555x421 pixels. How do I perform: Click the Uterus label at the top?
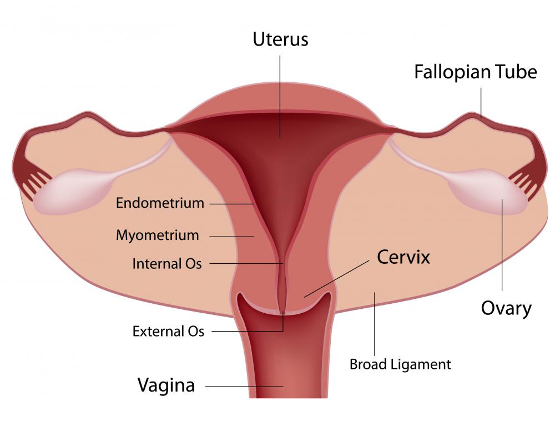pyautogui.click(x=280, y=39)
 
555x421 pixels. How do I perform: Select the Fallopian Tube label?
pyautogui.click(x=476, y=72)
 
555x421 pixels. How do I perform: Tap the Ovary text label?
pyautogui.click(x=506, y=308)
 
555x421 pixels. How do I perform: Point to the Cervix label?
pyautogui.click(x=403, y=257)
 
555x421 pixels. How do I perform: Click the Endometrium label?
pyautogui.click(x=160, y=203)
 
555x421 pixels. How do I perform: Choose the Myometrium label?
pyautogui.click(x=157, y=235)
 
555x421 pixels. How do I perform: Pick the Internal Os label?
pyautogui.click(x=167, y=263)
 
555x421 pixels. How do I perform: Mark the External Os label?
pyautogui.click(x=168, y=332)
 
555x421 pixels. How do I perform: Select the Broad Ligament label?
pyautogui.click(x=400, y=364)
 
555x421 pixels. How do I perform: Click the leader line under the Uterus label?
pyautogui.click(x=280, y=94)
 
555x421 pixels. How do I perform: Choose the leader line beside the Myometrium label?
pyautogui.click(x=231, y=236)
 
